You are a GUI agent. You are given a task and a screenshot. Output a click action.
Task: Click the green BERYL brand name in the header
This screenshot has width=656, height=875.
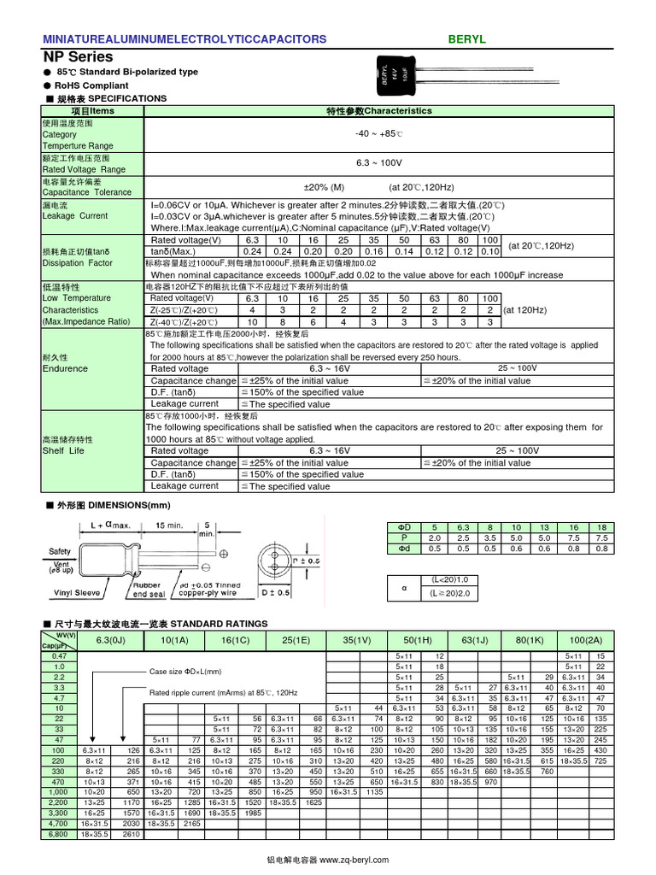[x=466, y=39]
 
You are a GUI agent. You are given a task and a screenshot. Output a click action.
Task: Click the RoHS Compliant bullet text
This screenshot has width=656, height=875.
[x=91, y=85]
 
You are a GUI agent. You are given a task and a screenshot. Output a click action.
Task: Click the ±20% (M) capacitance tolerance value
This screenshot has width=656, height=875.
[x=324, y=187]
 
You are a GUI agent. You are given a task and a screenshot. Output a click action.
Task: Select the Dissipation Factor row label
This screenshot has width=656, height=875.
[x=77, y=263]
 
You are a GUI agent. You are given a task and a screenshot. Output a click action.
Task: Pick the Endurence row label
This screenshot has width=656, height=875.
[x=65, y=368]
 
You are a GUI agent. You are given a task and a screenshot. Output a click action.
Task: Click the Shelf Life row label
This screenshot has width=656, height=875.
[x=63, y=450]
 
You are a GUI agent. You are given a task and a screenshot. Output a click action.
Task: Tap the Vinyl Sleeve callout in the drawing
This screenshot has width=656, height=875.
[x=78, y=592]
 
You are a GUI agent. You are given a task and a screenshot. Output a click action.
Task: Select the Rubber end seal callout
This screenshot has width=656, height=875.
[x=149, y=590]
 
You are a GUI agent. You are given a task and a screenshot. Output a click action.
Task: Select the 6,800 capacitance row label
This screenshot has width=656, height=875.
[x=58, y=834]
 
